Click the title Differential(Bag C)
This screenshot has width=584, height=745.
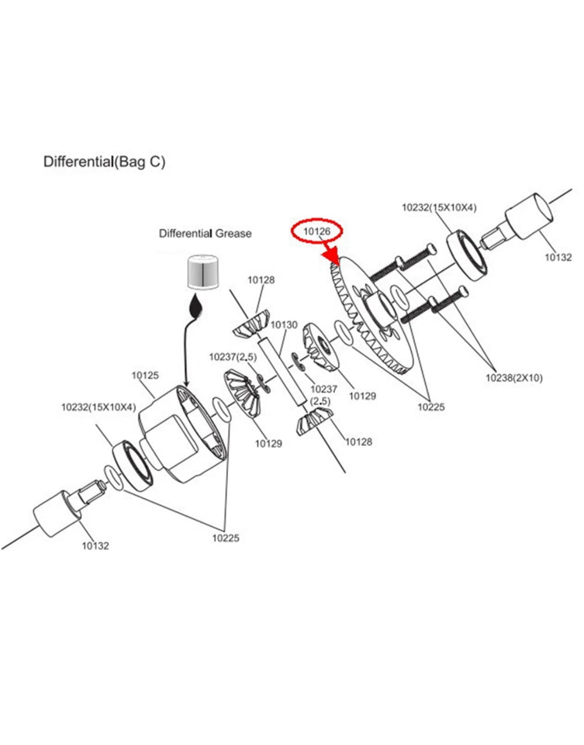point(104,162)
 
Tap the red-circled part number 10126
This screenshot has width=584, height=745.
point(317,232)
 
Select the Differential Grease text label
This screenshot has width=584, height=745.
point(205,234)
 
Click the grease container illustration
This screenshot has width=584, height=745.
point(203,271)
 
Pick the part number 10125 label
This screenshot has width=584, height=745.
point(145,375)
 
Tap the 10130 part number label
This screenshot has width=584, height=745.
point(284,325)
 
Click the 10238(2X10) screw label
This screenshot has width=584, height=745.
point(514,378)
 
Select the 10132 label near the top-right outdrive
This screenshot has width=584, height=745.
point(558,257)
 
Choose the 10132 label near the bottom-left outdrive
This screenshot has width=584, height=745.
point(95,546)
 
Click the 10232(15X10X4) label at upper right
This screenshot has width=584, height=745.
point(439,208)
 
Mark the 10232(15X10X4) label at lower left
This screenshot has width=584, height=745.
point(99,407)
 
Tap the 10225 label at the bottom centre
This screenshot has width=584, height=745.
point(226,538)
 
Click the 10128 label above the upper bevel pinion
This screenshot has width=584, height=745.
point(262,280)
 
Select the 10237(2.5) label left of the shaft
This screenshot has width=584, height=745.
point(233,357)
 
